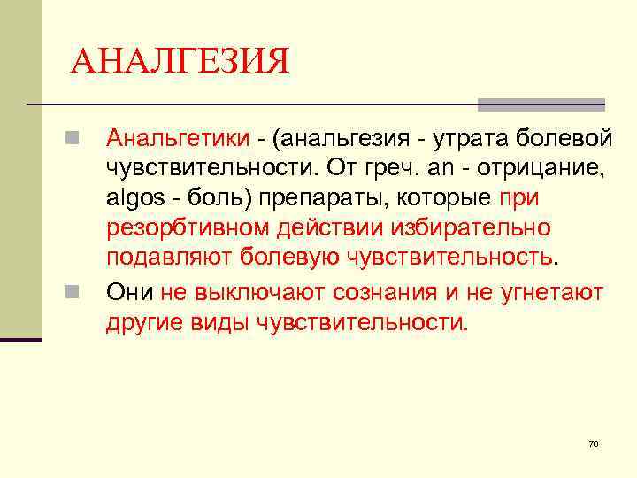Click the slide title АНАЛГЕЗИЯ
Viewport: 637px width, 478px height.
pos(180,62)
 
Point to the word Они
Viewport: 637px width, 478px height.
pos(129,291)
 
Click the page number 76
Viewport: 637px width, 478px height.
pos(593,443)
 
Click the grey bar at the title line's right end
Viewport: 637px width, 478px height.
pos(541,104)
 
